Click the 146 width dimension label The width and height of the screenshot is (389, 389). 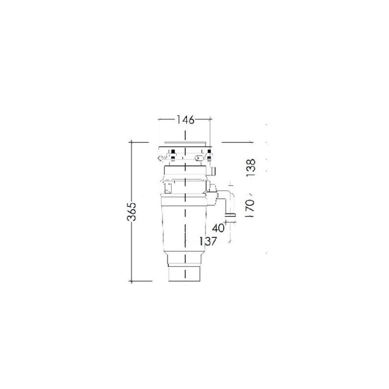coord(185,120)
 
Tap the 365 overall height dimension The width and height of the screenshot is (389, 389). coord(131,212)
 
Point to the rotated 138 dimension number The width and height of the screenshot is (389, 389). coord(250,168)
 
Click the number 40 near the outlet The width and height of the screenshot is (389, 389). coord(218,228)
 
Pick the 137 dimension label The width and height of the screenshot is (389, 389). coord(208,241)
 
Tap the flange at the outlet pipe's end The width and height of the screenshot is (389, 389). coord(230,215)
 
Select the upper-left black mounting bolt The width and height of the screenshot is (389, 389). coord(173,151)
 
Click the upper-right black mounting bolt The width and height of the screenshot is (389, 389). coord(209,151)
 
